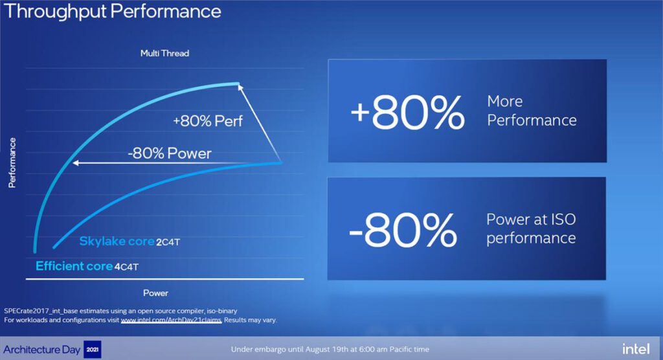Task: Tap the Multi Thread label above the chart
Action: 164,53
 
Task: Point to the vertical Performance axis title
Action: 12,163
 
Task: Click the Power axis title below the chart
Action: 155,293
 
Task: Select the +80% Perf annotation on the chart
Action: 208,120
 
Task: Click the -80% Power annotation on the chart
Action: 170,153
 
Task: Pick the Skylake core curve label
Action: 117,242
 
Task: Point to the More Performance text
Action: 532,111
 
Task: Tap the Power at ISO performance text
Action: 531,229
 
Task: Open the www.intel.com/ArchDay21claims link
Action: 171,320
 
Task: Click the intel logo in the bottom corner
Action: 635,349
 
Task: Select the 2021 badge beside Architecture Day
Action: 93,350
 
